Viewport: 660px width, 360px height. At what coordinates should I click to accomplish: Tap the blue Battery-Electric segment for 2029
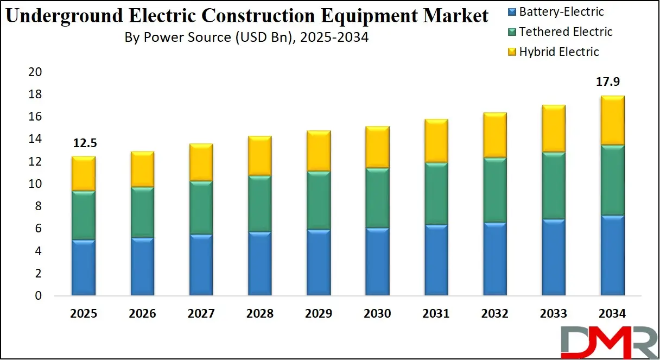pyautogui.click(x=318, y=263)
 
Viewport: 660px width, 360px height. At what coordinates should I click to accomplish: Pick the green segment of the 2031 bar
pyautogui.click(x=435, y=194)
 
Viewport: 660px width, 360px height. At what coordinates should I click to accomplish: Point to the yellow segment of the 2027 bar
pyautogui.click(x=200, y=162)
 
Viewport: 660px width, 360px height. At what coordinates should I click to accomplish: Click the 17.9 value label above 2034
pyautogui.click(x=608, y=82)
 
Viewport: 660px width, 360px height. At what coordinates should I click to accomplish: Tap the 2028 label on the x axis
pyautogui.click(x=259, y=314)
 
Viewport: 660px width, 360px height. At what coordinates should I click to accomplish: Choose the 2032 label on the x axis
pyautogui.click(x=494, y=314)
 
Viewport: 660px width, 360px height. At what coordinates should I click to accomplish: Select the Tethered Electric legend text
pyautogui.click(x=566, y=32)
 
